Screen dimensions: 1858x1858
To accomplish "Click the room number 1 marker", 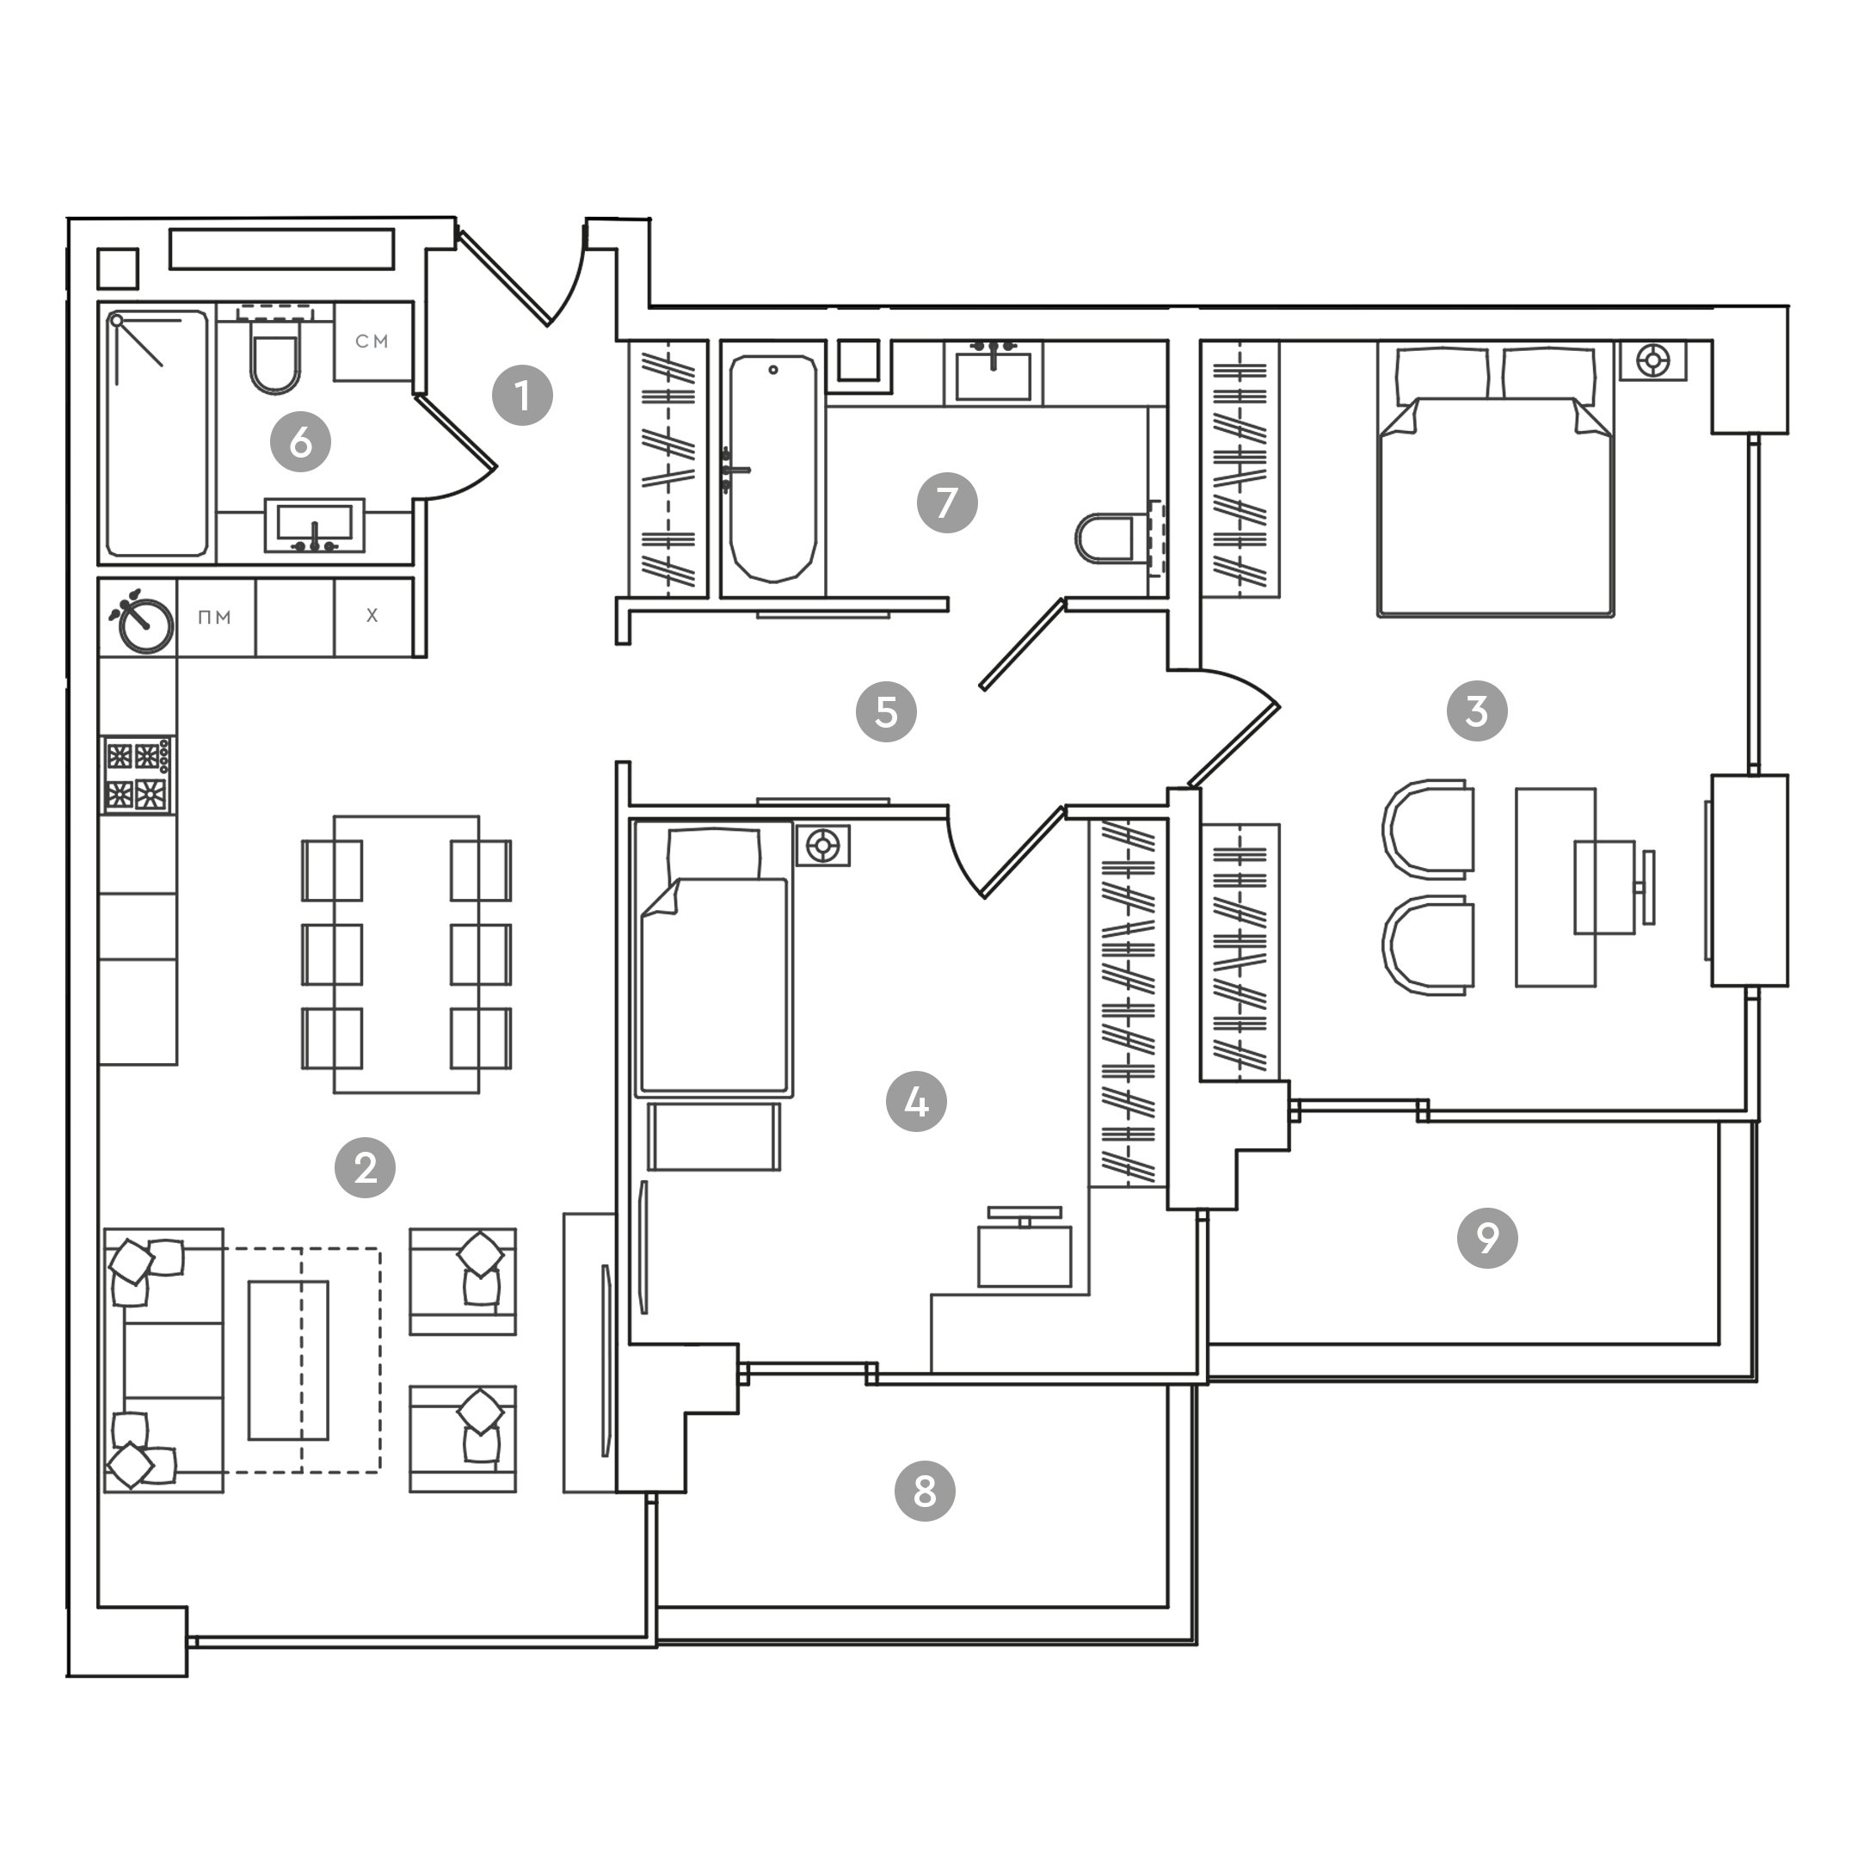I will (522, 396).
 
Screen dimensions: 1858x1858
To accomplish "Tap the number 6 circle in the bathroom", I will (300, 442).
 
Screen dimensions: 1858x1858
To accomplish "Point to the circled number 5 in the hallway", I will (886, 711).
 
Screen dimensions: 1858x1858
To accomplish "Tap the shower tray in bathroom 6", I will (157, 433).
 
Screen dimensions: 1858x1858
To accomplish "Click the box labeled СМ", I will (372, 341).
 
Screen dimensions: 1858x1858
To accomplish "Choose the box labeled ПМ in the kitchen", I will (215, 618).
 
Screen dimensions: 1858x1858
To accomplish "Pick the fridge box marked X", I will (373, 617).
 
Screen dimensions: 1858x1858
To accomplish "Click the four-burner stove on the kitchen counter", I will (138, 775).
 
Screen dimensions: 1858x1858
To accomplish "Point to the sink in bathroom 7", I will (993, 375).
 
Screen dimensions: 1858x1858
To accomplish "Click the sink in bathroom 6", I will (315, 525).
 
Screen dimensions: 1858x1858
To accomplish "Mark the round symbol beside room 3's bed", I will (1652, 361).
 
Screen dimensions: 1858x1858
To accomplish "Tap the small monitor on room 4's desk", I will (1024, 1214).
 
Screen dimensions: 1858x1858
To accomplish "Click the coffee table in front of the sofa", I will (288, 1360).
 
